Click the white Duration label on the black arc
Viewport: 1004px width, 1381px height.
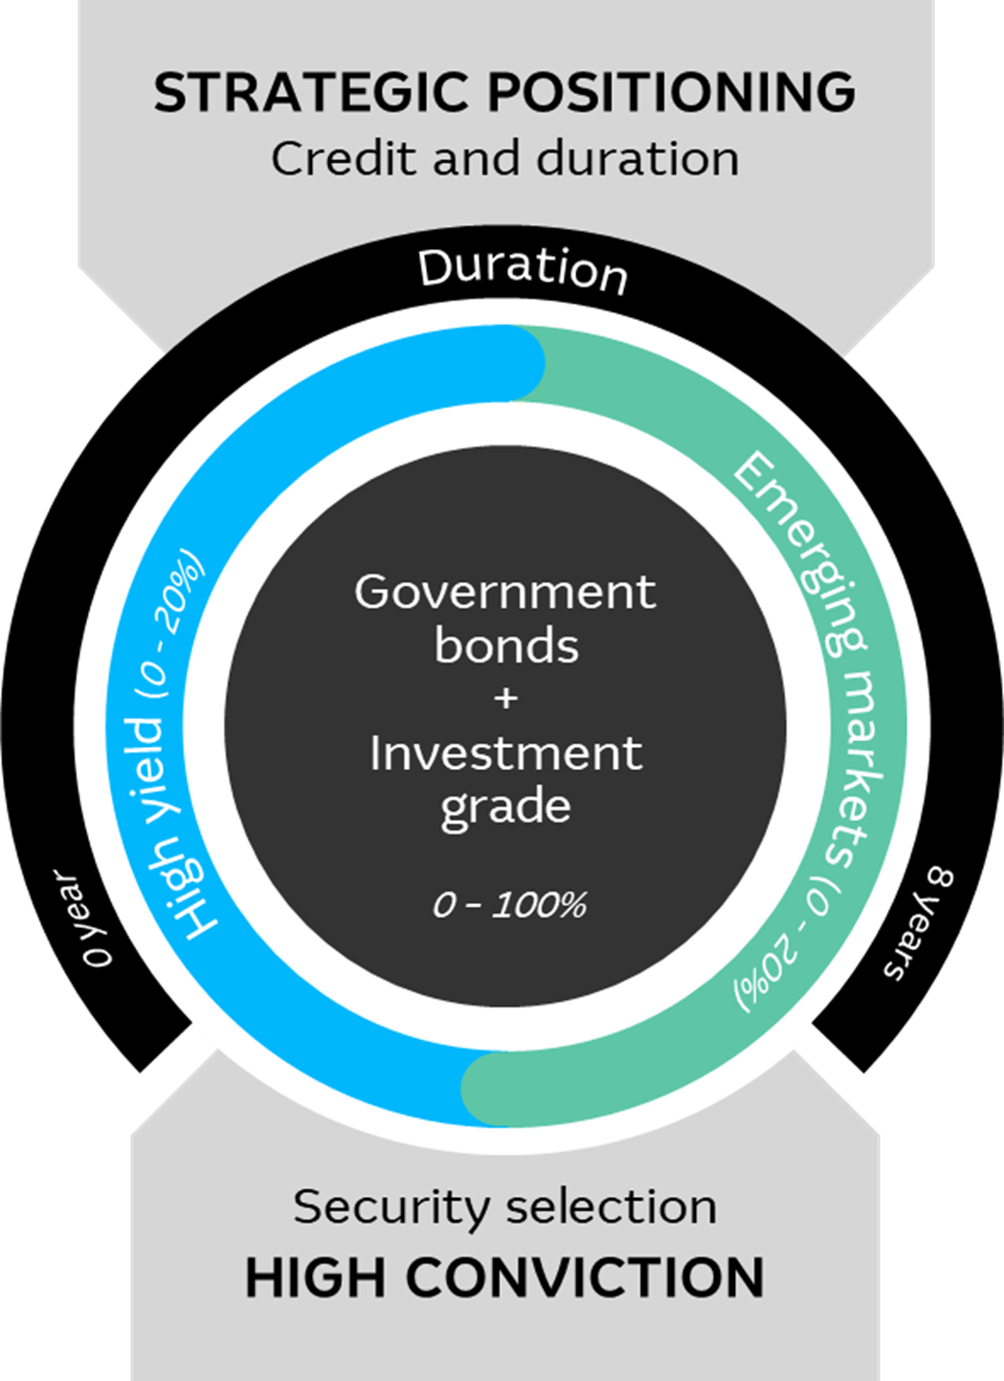click(523, 269)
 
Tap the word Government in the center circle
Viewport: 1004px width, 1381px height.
click(505, 592)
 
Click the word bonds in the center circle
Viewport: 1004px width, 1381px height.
click(506, 645)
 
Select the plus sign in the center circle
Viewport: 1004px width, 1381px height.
click(505, 698)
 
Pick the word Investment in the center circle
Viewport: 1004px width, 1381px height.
click(505, 754)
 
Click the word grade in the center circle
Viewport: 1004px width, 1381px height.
click(505, 807)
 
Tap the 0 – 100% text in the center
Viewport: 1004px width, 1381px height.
click(509, 904)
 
